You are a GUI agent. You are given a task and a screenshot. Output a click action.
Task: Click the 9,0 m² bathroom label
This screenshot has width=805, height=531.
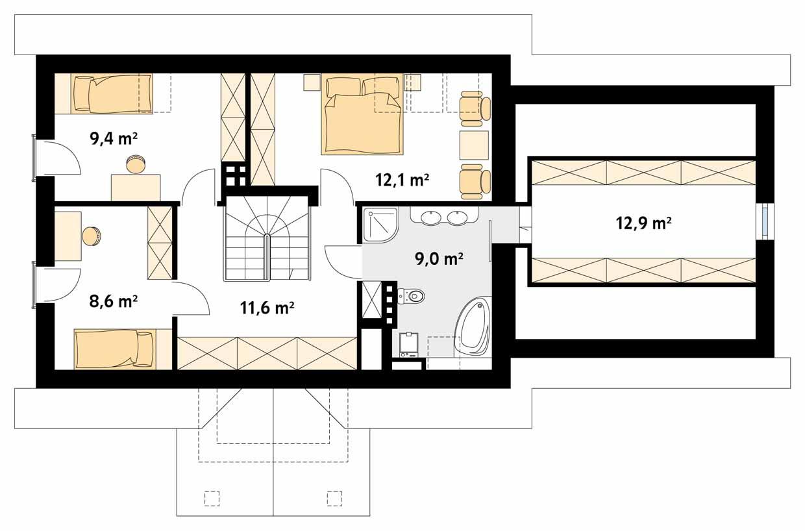click(x=438, y=260)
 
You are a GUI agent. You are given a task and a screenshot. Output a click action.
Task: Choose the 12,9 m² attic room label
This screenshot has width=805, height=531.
click(x=643, y=224)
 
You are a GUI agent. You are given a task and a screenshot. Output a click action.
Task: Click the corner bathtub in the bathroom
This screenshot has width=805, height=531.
click(x=473, y=328)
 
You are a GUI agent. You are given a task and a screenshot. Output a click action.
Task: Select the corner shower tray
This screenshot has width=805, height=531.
click(x=378, y=224)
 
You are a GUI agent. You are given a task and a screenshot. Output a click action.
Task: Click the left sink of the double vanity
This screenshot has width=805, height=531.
click(x=431, y=217)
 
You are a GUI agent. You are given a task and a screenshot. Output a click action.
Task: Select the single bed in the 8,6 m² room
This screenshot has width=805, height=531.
click(x=115, y=348)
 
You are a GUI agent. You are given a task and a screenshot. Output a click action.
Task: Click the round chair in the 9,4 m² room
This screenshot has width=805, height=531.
click(x=136, y=165)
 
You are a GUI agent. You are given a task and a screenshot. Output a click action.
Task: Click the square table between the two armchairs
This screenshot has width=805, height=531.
click(x=474, y=145)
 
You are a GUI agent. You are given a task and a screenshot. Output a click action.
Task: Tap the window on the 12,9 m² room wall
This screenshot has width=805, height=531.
click(x=766, y=221)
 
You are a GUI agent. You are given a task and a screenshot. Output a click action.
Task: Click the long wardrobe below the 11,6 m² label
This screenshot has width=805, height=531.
click(x=266, y=352)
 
